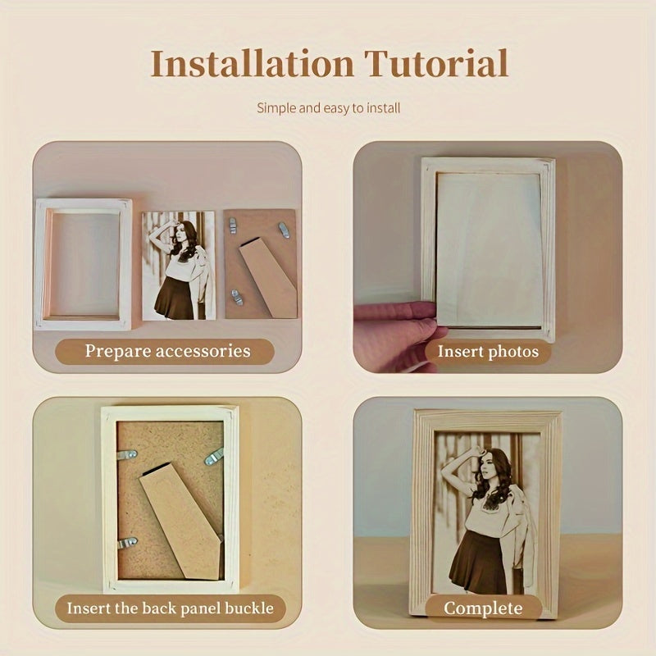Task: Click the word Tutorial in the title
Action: (436, 63)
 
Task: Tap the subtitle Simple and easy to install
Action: (329, 108)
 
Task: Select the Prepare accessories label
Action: (167, 351)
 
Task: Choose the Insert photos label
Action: (488, 352)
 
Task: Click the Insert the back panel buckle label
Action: (171, 608)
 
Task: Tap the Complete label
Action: (483, 608)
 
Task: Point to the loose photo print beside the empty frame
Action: (179, 266)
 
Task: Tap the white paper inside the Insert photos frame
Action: (490, 249)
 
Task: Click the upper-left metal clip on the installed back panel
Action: (127, 454)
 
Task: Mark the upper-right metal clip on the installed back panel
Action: (214, 456)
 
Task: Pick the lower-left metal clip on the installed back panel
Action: (128, 543)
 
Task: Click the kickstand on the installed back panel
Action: (180, 521)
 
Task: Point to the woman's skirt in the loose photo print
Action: (175, 298)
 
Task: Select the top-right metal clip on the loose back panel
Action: (284, 230)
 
